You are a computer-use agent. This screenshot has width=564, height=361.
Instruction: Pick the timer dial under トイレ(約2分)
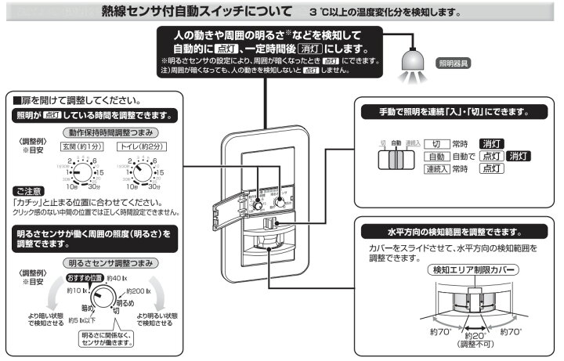(x=142, y=171)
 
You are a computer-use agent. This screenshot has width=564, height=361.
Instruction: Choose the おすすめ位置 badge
(x=85, y=277)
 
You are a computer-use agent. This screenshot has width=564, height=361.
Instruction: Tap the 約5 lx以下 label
(x=81, y=319)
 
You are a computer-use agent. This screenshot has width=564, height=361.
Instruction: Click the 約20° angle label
(x=472, y=336)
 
